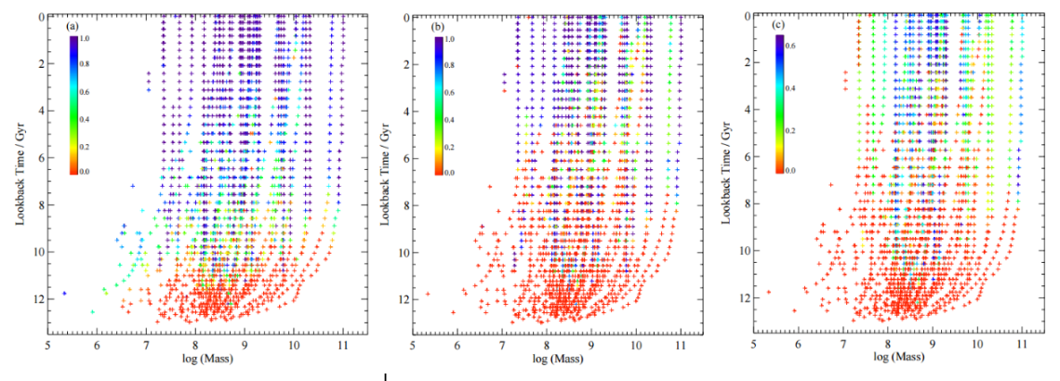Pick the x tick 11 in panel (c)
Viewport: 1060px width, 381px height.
1022,345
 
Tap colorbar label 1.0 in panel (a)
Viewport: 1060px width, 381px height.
85,38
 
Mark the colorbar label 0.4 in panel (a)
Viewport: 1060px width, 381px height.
85,119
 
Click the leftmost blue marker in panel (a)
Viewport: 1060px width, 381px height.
64,294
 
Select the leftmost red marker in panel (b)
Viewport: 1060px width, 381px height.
429,294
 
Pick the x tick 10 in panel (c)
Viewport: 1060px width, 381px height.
976,345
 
